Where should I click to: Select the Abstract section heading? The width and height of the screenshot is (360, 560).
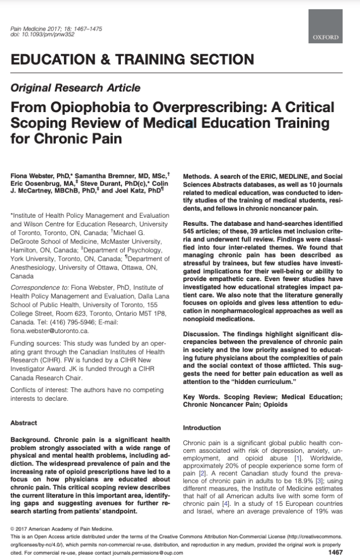24,423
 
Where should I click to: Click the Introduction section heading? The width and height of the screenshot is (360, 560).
202,428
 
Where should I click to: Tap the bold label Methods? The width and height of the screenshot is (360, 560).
196,176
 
